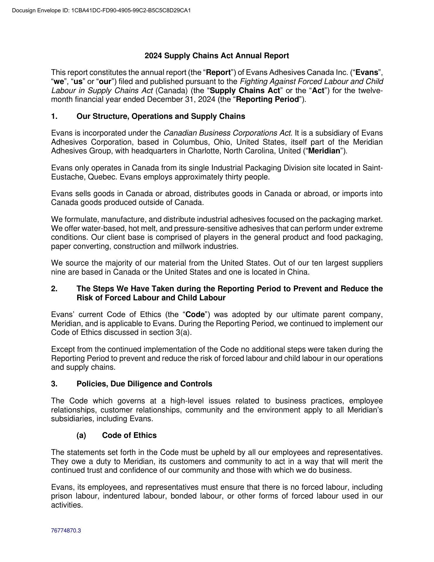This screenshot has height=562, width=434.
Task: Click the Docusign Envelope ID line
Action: click(x=101, y=11)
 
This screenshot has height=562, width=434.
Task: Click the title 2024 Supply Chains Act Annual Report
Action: click(x=217, y=56)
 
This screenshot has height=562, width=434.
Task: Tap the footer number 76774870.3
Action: click(x=66, y=530)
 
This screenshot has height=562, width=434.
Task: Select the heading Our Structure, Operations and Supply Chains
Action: click(x=161, y=116)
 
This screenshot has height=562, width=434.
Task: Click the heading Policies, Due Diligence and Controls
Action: click(x=144, y=384)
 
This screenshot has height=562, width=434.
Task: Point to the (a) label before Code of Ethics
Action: click(x=81, y=435)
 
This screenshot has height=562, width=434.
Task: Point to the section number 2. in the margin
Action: click(x=54, y=289)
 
